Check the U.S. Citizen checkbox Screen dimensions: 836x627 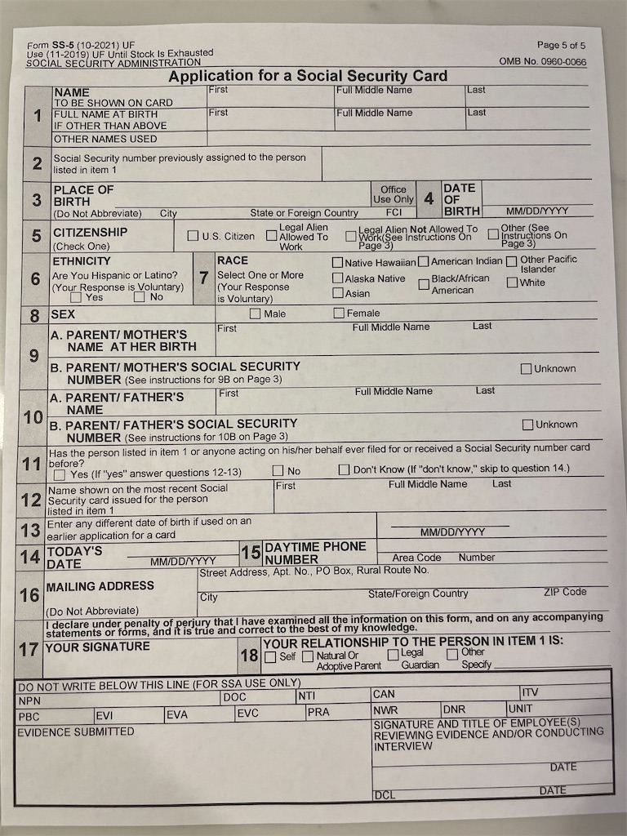(x=193, y=236)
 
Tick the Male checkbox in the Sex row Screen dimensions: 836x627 (x=256, y=313)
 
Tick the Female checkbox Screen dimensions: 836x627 (x=339, y=313)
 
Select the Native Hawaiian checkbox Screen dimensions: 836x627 (x=337, y=263)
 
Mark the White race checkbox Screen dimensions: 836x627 (x=512, y=282)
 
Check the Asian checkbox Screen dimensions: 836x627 (x=337, y=293)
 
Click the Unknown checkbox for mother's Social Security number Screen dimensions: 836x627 (x=527, y=369)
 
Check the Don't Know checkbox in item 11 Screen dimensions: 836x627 (x=345, y=470)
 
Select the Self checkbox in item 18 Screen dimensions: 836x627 (x=270, y=656)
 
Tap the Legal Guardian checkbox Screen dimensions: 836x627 (x=393, y=654)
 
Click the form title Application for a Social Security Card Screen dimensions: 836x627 (x=308, y=76)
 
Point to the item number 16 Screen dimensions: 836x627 (x=30, y=595)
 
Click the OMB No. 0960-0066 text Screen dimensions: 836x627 (x=542, y=61)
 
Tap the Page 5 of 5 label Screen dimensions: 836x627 (x=561, y=45)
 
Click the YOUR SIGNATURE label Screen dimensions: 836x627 (x=97, y=647)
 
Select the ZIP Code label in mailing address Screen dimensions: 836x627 (x=565, y=592)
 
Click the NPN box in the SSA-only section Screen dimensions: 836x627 (x=30, y=700)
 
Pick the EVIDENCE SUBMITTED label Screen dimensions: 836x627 (x=76, y=732)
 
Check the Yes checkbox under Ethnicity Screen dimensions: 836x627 (x=76, y=297)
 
